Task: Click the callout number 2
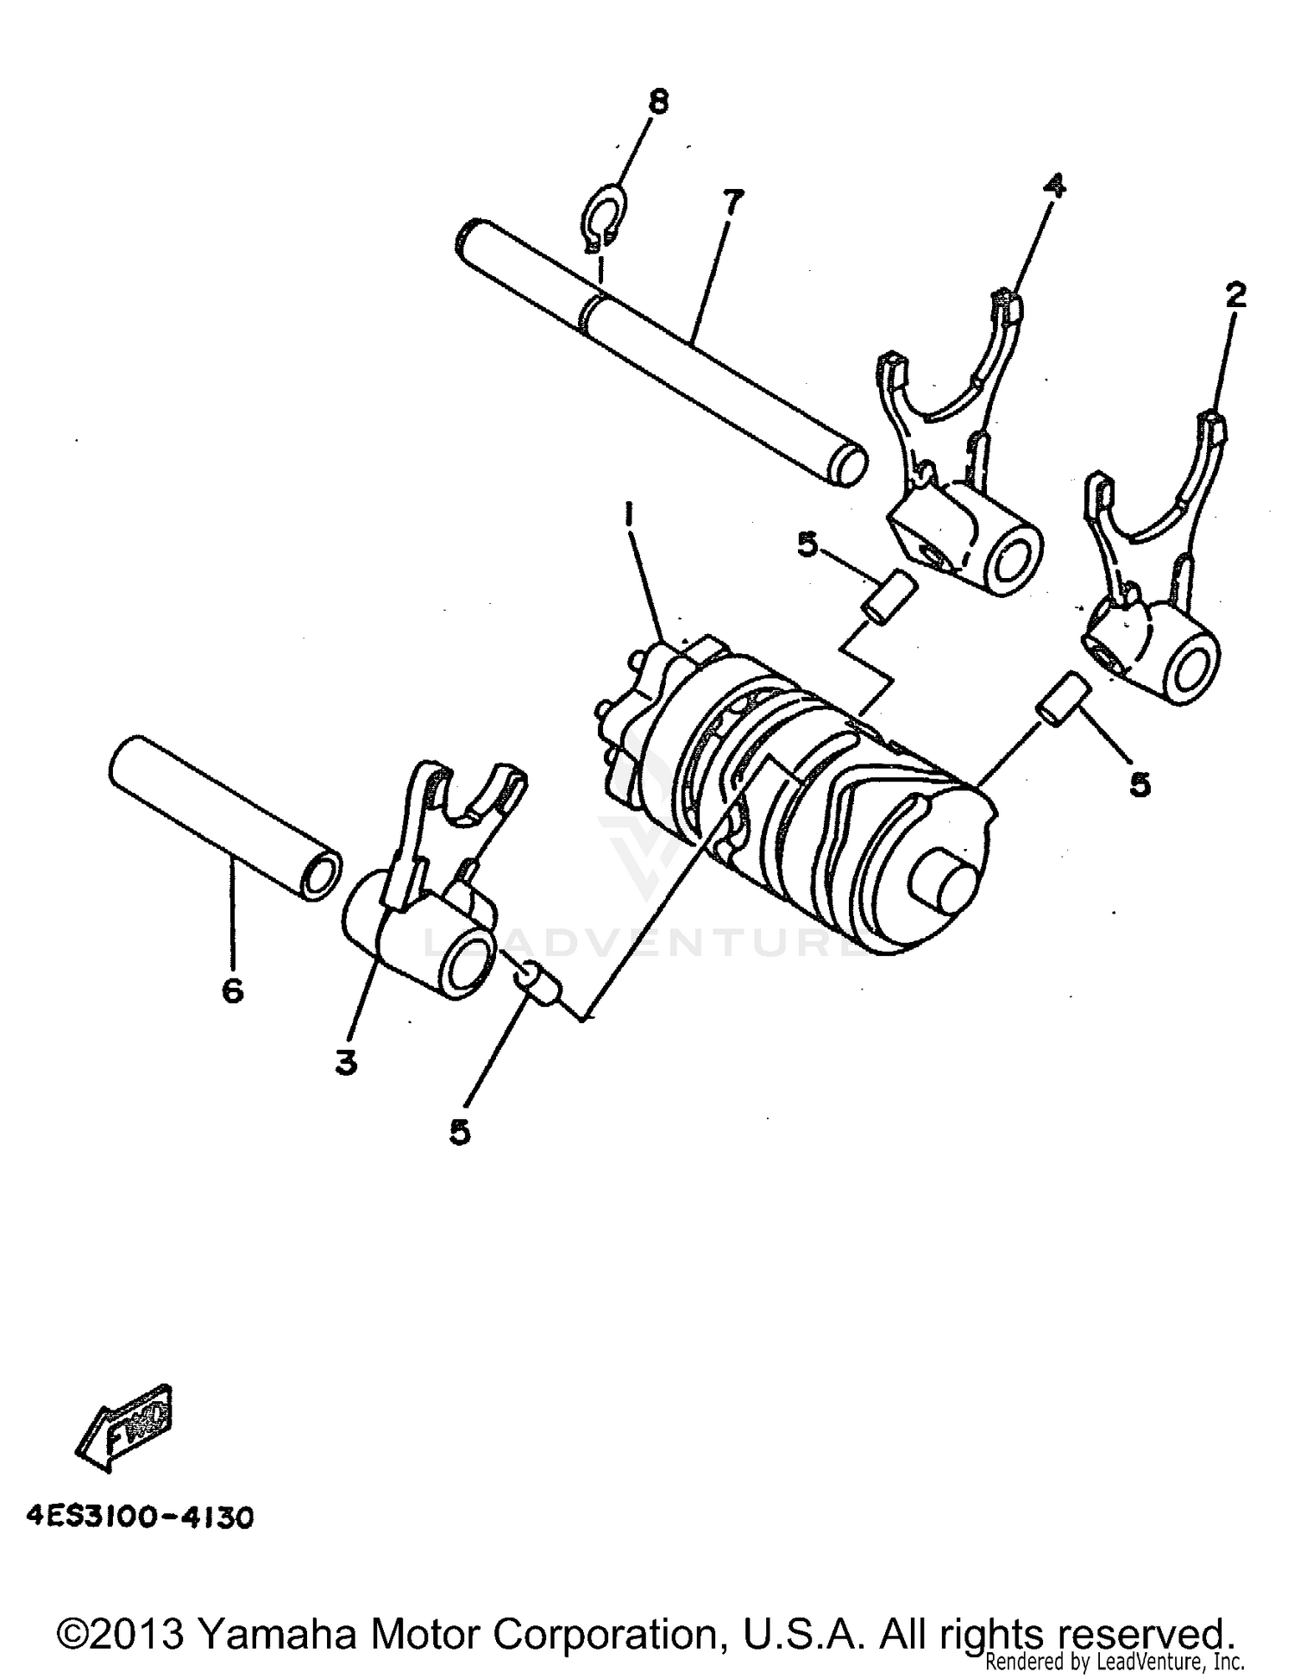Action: [x=1236, y=297]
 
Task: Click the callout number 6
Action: [x=232, y=990]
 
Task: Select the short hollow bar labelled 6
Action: [x=224, y=815]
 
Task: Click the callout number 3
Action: [x=346, y=1064]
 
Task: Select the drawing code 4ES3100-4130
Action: [x=139, y=1542]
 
